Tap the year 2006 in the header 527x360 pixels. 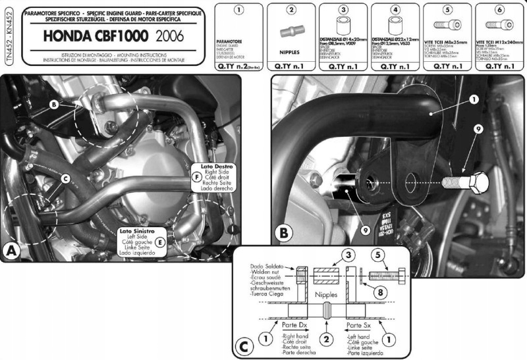165,34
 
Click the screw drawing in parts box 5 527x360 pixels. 448,27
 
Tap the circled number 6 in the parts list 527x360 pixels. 499,10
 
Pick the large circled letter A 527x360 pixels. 11,251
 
